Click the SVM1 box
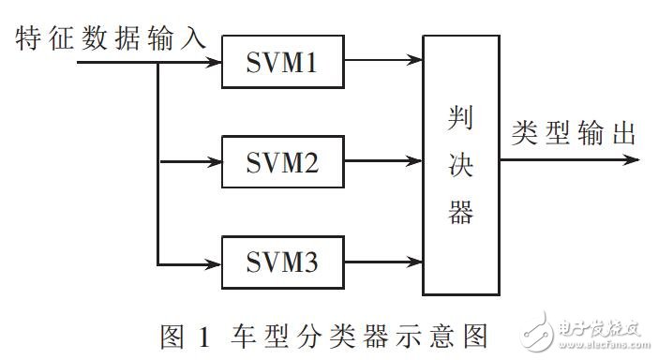[x=283, y=62]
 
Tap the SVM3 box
[x=283, y=262]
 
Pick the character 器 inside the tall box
[x=460, y=213]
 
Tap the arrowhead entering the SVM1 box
[x=214, y=62]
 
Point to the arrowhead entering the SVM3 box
[x=214, y=262]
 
